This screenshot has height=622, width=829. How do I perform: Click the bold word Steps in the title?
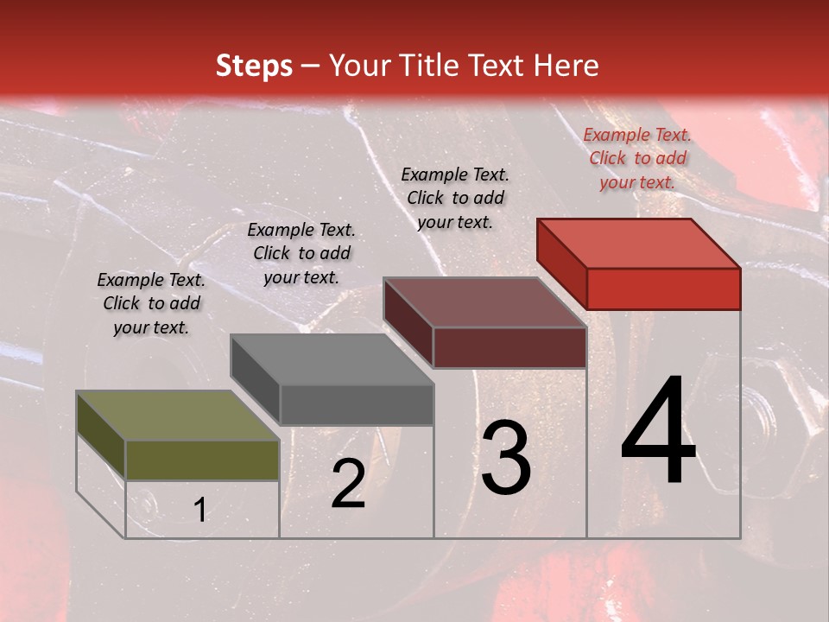tap(254, 67)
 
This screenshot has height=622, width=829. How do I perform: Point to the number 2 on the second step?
tap(348, 485)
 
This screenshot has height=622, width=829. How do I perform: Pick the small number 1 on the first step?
tap(200, 511)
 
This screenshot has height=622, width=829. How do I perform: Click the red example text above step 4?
tap(637, 158)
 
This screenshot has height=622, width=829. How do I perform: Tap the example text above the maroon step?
tap(455, 198)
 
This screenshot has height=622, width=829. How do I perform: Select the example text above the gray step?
tap(301, 253)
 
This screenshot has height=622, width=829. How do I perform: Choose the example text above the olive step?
tap(151, 303)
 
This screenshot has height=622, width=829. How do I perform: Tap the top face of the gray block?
tap(332, 359)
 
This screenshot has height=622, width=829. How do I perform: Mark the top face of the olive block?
tap(178, 416)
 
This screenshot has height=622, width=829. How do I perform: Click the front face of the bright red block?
tap(663, 289)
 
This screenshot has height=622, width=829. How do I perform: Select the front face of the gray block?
tap(356, 404)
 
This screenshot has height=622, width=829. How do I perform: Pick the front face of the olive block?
tap(202, 460)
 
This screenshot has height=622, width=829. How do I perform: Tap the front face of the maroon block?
tap(509, 347)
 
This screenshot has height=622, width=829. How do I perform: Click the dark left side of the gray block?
tap(255, 380)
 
